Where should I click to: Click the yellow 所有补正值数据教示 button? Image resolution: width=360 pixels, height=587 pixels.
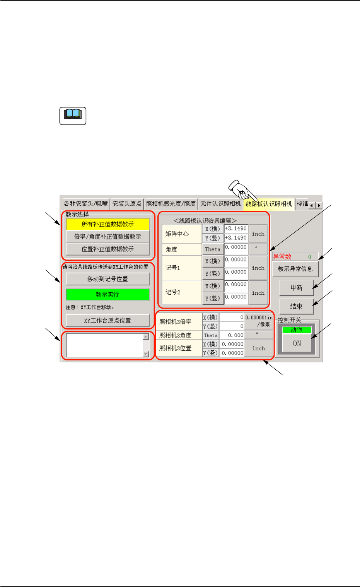pos(107,224)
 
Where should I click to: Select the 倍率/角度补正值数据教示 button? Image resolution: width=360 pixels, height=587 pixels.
pos(107,237)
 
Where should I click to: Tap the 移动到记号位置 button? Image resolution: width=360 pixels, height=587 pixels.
pos(107,279)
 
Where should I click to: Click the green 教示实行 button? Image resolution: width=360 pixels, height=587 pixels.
pos(107,294)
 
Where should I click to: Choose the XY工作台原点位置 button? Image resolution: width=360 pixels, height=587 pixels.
pos(107,321)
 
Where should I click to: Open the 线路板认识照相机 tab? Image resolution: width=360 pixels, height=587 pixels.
pos(269,204)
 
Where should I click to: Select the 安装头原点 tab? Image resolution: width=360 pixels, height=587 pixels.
pos(127,204)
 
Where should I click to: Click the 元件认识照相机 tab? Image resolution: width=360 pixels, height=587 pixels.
pos(220,204)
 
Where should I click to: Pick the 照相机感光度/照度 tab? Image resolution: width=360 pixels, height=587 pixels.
pos(171,204)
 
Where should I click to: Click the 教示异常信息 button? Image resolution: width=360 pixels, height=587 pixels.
pos(295,269)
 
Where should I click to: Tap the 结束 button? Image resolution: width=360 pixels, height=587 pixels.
pos(296,306)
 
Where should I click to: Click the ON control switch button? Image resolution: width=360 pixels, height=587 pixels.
pos(297,343)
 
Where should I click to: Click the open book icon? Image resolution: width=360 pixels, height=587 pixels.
pos(73,116)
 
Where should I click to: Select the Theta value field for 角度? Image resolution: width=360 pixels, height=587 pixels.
pos(236,247)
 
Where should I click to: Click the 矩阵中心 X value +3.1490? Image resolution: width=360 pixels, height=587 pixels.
pos(236,229)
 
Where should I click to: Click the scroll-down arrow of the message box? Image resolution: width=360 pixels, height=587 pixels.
pos(146,354)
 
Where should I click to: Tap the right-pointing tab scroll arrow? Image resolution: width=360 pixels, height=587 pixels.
pos(319,206)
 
